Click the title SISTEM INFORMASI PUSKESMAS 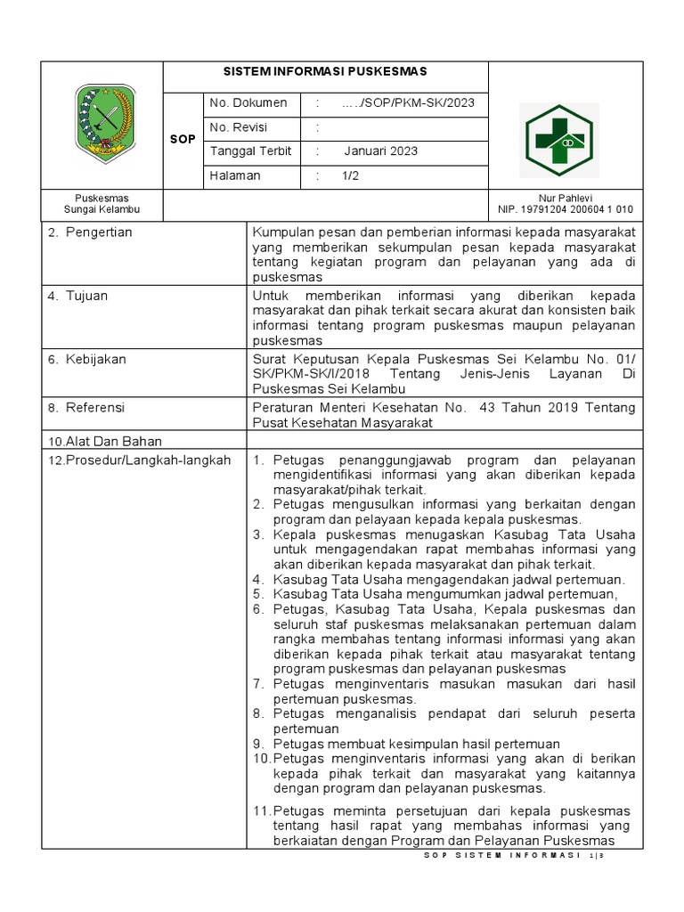coord(325,71)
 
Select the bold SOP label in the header coord(183,140)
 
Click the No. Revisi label coord(239,127)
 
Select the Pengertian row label coord(98,232)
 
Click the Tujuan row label coord(86,295)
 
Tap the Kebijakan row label coord(95,359)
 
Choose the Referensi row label coord(95,407)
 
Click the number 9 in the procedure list coord(257,744)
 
